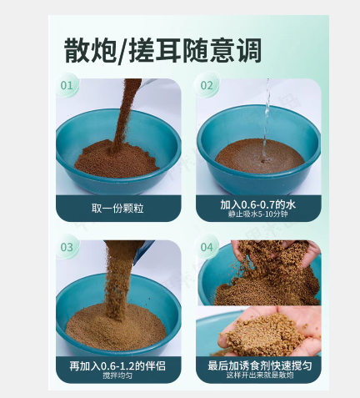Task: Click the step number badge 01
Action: click(x=67, y=85)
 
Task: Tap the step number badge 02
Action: click(x=207, y=85)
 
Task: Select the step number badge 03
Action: click(x=67, y=247)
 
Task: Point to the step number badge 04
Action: click(x=207, y=247)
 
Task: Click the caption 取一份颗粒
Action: click(x=117, y=208)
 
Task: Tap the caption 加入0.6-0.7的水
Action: click(x=257, y=204)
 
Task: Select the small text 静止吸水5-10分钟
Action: click(x=257, y=214)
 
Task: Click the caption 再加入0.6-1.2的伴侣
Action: click(x=117, y=365)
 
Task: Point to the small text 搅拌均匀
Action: click(x=117, y=375)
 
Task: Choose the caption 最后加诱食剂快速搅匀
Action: click(x=260, y=365)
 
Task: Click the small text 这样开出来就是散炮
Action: click(x=260, y=375)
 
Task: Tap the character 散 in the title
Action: click(x=77, y=50)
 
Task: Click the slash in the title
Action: click(x=122, y=51)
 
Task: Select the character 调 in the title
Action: click(x=249, y=50)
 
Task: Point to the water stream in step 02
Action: click(x=266, y=119)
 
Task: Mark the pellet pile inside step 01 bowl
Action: click(x=117, y=161)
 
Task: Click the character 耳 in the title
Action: click(x=167, y=50)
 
